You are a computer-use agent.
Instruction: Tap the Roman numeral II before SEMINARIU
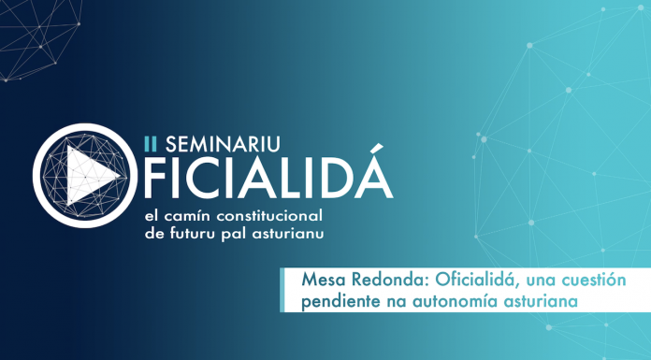(x=150, y=143)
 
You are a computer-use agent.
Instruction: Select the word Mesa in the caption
(x=322, y=281)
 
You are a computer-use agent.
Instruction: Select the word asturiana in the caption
(x=540, y=302)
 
